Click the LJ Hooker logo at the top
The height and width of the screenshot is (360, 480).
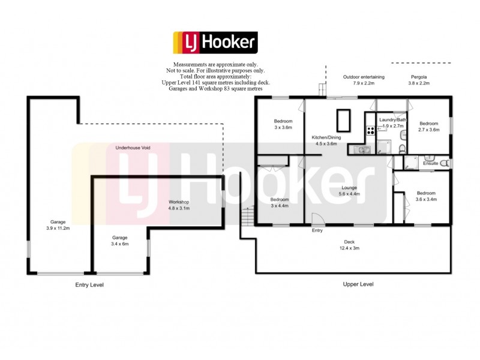click(215, 43)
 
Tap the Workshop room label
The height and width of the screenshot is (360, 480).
click(179, 205)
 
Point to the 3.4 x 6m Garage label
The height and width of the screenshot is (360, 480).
click(120, 241)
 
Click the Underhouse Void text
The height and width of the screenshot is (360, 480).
click(134, 147)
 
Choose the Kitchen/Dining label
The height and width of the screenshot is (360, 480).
click(326, 140)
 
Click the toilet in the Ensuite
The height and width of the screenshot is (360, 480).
click(444, 163)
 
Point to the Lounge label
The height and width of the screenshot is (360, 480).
click(349, 190)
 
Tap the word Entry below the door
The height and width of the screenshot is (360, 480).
click(317, 230)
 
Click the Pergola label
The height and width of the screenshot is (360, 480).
click(419, 80)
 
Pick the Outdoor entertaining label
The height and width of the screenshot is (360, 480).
click(364, 80)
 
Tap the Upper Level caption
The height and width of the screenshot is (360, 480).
click(359, 284)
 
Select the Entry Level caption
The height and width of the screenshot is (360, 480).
click(89, 285)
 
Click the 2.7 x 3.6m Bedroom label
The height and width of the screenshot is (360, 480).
click(429, 127)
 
